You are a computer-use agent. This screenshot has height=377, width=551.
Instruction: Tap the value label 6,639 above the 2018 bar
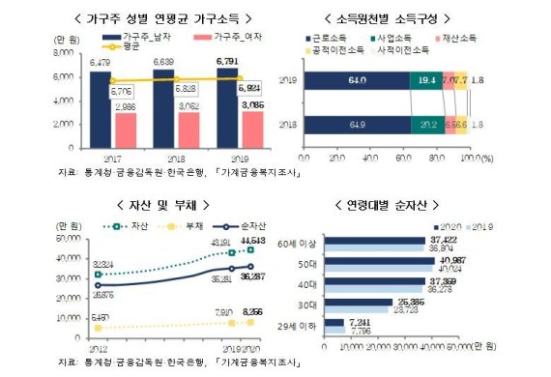tap(161, 62)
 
